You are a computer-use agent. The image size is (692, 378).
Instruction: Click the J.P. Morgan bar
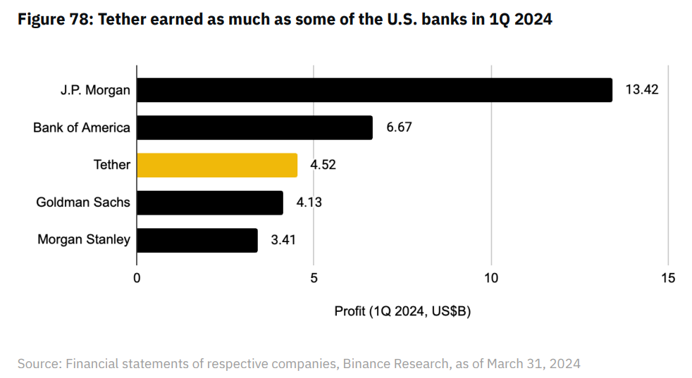374,90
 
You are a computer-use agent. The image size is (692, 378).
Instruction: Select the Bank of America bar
254,127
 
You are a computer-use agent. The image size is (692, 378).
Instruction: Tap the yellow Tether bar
217,165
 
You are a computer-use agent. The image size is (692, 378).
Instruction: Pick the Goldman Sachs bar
210,203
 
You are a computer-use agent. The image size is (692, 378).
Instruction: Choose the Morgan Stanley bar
197,240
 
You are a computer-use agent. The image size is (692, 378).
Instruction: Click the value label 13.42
641,90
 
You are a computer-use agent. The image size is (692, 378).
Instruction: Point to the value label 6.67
399,127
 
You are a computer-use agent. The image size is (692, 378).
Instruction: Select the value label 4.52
323,165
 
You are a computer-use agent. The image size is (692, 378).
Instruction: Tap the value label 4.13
309,203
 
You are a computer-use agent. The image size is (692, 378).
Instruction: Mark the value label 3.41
283,240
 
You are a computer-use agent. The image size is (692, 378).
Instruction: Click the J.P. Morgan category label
95,90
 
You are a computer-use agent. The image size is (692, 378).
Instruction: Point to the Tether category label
112,165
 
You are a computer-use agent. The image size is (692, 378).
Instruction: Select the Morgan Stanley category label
84,240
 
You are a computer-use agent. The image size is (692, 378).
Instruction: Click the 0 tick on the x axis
137,277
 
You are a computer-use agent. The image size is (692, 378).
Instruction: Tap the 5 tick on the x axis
314,277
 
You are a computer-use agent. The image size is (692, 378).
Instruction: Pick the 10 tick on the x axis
491,277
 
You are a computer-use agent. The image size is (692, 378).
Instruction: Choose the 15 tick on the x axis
668,277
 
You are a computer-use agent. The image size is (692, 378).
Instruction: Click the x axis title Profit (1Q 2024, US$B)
402,310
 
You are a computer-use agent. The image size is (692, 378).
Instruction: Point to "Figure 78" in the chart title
52,20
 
